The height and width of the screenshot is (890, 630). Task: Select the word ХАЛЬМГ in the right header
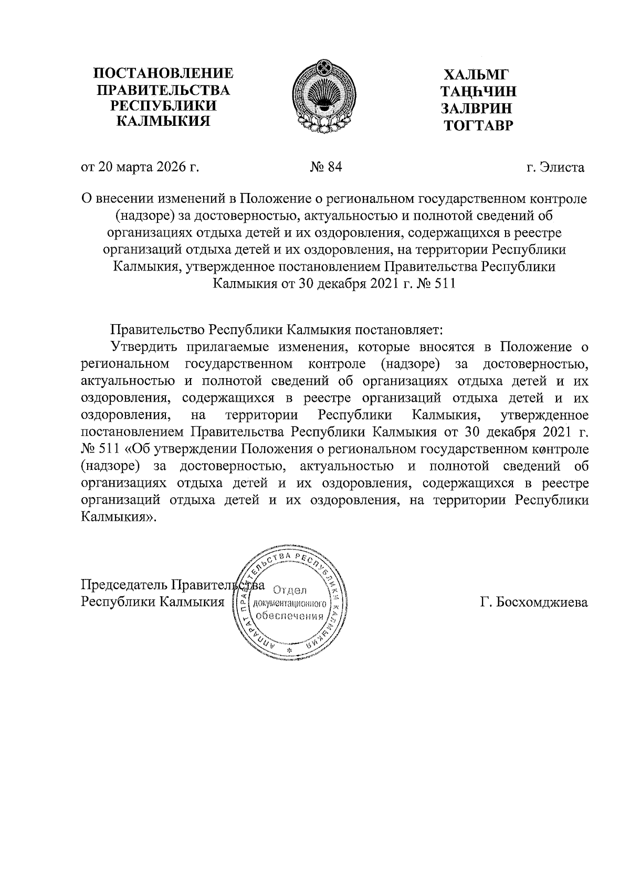click(476, 74)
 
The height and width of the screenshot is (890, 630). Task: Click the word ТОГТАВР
click(477, 125)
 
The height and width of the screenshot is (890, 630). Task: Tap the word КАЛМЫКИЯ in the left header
click(162, 122)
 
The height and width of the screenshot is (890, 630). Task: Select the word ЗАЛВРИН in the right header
click(476, 109)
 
